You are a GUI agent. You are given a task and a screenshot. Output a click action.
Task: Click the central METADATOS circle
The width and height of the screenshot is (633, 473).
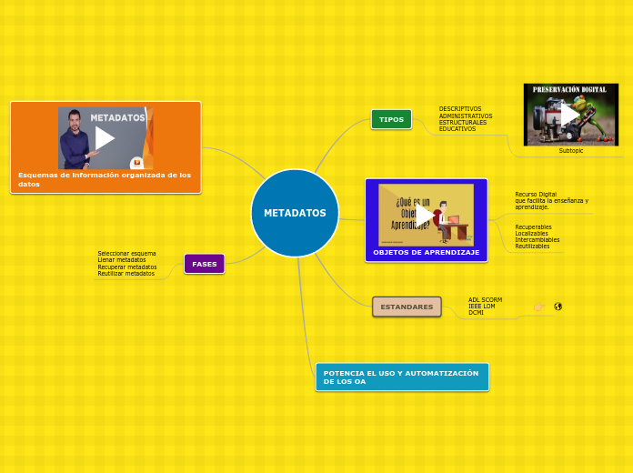point(295,213)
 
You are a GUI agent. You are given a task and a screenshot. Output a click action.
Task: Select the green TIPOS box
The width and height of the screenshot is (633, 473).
point(391,119)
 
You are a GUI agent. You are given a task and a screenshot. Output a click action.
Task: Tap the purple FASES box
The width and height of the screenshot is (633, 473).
point(205,264)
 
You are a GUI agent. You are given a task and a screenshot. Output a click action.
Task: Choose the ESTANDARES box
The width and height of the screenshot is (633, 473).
point(407,307)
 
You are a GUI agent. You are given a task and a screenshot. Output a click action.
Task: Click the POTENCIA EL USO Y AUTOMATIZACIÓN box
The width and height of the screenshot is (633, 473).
point(401,377)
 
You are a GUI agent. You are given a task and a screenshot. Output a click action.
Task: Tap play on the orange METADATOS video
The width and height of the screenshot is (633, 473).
point(105,138)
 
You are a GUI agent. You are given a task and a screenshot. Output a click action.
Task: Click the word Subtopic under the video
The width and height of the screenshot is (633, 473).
point(571,150)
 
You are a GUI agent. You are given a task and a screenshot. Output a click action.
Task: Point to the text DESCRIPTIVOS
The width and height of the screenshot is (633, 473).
point(460,109)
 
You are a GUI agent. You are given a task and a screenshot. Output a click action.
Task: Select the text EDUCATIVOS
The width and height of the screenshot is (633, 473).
point(457,129)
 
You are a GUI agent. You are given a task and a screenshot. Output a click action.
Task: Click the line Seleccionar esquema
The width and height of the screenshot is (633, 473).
point(126,253)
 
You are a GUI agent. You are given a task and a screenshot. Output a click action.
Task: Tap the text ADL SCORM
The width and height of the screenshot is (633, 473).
point(485,299)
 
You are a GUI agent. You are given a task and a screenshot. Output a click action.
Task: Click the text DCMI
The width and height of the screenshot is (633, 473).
point(476,312)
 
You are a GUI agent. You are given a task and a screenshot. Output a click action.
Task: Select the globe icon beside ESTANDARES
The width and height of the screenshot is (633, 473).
point(558,307)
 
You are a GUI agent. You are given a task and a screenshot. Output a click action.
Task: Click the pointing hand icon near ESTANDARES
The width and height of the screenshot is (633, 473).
point(538,307)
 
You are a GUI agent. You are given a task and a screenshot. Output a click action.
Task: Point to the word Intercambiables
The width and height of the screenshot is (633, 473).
point(537,239)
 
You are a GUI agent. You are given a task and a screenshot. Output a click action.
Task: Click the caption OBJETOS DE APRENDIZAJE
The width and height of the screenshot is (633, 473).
point(426,252)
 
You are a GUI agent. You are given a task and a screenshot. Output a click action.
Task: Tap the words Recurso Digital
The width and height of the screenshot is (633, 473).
point(536,194)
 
